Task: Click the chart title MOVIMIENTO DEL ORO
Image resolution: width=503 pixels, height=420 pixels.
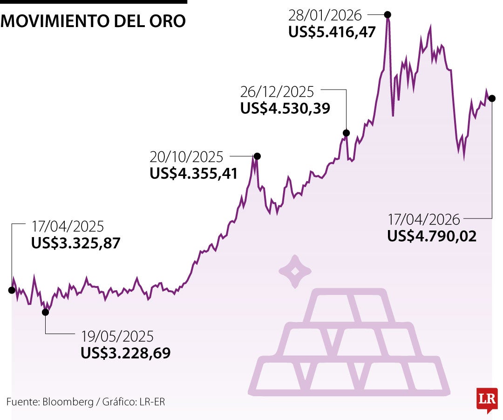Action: tap(93, 21)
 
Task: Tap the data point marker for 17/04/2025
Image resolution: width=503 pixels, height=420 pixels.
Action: tap(12, 290)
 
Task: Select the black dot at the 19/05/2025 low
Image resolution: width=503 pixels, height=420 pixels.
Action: tap(45, 312)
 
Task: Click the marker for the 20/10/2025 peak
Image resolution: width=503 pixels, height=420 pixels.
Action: tap(257, 156)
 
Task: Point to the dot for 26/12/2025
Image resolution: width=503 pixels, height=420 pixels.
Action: tap(346, 133)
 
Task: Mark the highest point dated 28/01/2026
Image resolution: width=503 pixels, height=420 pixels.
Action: tap(387, 14)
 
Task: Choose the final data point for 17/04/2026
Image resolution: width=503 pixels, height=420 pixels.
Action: tap(492, 98)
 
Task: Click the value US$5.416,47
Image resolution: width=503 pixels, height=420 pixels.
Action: tap(332, 33)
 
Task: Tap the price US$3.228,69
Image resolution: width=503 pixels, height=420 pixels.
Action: tap(126, 353)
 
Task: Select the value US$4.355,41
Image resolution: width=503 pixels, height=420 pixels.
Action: tap(194, 174)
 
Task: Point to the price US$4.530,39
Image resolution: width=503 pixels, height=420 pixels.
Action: tap(285, 108)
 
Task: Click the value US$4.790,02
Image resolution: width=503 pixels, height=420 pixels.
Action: tap(432, 236)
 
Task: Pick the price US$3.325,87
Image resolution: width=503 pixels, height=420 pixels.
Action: tap(76, 243)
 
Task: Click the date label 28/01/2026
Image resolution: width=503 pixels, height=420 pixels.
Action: tap(325, 15)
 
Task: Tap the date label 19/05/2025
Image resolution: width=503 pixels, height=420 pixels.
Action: tap(117, 336)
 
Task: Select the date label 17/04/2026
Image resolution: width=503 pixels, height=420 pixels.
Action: tap(424, 219)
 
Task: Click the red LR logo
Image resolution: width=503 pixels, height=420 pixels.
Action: tap(487, 399)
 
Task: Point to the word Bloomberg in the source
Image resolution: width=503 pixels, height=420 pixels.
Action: tap(68, 402)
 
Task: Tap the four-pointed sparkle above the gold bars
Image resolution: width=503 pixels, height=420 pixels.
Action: tap(295, 271)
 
